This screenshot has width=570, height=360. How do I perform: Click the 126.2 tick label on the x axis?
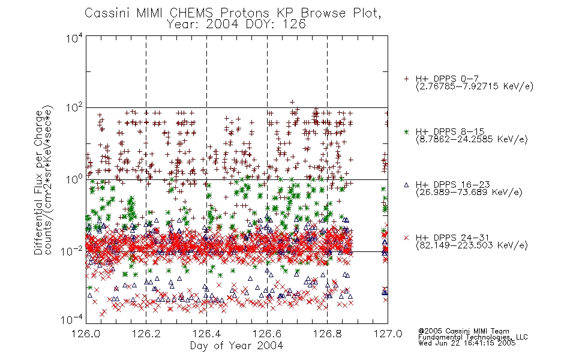pyautogui.click(x=146, y=334)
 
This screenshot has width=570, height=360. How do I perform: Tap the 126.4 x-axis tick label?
pyautogui.click(x=206, y=334)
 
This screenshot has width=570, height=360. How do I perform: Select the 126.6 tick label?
pyautogui.click(x=267, y=334)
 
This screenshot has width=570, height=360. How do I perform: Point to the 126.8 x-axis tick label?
pyautogui.click(x=327, y=334)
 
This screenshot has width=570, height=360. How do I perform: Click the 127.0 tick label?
pyautogui.click(x=388, y=334)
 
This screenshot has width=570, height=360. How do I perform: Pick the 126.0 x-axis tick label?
pyautogui.click(x=86, y=334)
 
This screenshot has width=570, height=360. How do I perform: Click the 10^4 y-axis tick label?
pyautogui.click(x=74, y=38)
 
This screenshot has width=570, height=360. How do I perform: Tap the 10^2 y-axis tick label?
pyautogui.click(x=74, y=109)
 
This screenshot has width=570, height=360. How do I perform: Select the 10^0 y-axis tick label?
pyautogui.click(x=74, y=180)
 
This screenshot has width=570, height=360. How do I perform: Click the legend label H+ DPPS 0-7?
pyautogui.click(x=447, y=79)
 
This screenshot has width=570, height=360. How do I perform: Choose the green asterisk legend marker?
pyautogui.click(x=406, y=131)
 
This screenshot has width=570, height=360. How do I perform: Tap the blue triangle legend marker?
pyautogui.click(x=406, y=185)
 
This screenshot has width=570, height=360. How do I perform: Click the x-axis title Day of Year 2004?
pyautogui.click(x=236, y=346)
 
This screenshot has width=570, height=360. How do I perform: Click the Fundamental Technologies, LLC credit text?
pyautogui.click(x=473, y=337)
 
